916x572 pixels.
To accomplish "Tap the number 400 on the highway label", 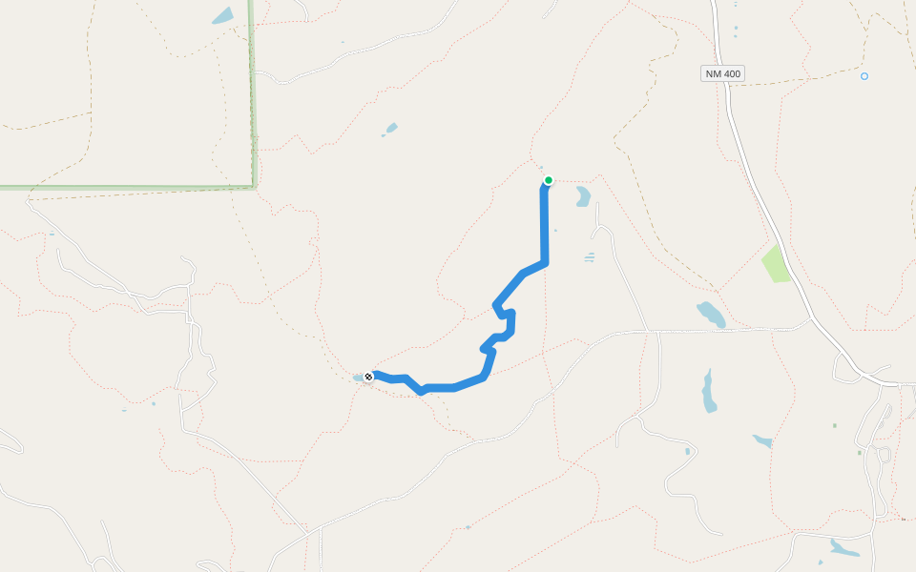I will point(731,73).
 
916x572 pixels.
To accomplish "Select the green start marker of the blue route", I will point(549,180).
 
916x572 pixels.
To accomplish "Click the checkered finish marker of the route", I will point(368,377).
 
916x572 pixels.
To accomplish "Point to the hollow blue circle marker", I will point(864,76).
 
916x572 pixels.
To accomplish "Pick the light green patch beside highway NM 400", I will point(776,263).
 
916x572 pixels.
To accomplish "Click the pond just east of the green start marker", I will point(582,196).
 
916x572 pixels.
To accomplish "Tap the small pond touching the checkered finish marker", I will point(359,378).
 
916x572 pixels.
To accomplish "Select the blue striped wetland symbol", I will point(589,256).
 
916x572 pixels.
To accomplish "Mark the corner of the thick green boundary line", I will point(255,186).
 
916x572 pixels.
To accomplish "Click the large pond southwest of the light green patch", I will point(711,314).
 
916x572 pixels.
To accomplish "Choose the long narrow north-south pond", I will point(708,391).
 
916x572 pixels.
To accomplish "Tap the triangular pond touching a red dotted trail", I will point(762,441).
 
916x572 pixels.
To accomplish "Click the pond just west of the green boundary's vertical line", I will point(222,16).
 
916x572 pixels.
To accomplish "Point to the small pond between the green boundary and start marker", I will point(390,129).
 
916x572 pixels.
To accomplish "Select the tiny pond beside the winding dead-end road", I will point(687,451).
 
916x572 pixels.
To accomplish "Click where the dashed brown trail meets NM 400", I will point(727,85).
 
